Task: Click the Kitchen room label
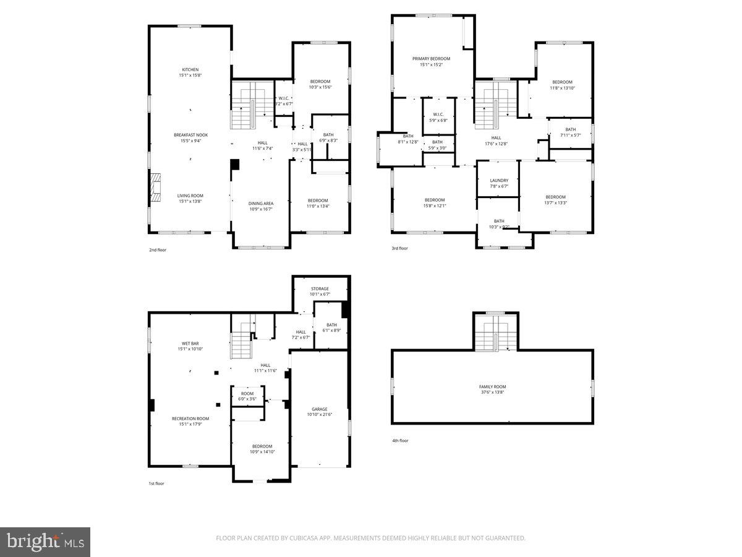pos(190,69)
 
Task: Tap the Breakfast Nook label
pos(190,135)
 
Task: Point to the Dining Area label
pos(261,204)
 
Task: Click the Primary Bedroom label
pos(431,59)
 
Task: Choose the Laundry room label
pos(498,181)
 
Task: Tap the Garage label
pos(319,409)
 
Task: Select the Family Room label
pos(492,387)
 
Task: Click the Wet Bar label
pos(190,343)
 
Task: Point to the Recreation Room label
pos(190,418)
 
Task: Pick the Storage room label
pos(320,288)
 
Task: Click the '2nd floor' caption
pos(158,250)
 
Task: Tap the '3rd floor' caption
pos(399,248)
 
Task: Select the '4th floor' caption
pos(400,441)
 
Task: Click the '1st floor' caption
pos(157,483)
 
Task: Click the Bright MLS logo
pos(45,542)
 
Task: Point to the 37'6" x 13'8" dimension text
pos(492,392)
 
